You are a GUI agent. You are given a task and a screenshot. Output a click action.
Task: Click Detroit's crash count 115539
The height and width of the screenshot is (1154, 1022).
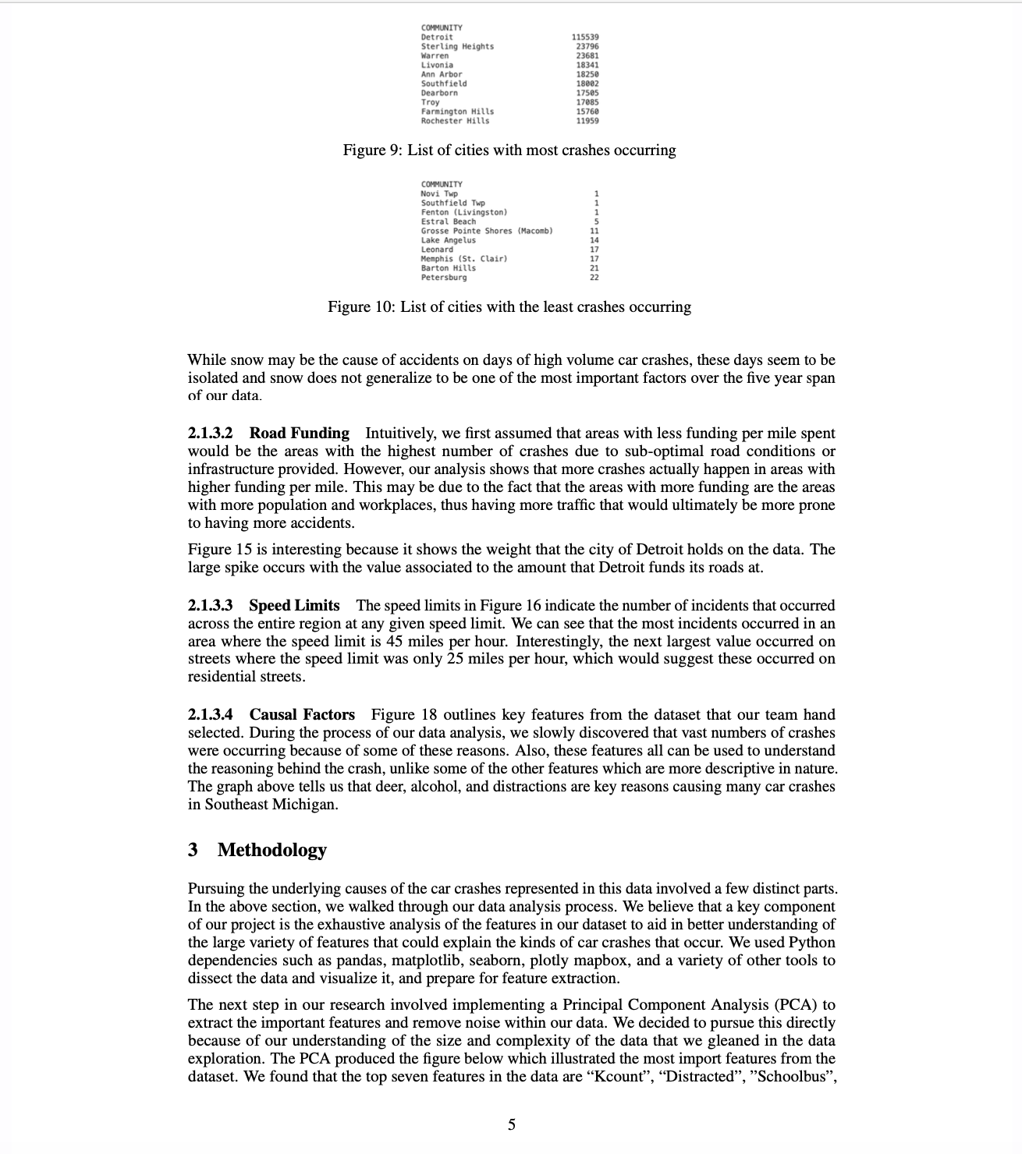click(x=585, y=37)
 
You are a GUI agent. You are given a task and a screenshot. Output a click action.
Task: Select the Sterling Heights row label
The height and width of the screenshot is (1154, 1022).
click(x=457, y=47)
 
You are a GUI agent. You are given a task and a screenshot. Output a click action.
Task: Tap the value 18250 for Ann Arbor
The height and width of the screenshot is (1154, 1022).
click(x=587, y=75)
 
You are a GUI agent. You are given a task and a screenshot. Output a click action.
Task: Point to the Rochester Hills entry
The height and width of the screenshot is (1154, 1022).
click(x=456, y=121)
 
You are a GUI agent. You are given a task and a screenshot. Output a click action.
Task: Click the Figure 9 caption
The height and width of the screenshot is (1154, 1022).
click(x=509, y=150)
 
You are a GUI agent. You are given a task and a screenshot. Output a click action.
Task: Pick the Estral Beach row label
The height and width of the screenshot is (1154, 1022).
click(x=448, y=221)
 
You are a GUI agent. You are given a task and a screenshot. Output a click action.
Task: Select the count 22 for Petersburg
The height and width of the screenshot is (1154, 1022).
click(x=594, y=278)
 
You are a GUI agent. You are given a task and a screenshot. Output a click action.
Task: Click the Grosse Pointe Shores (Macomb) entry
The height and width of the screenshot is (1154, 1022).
click(x=486, y=231)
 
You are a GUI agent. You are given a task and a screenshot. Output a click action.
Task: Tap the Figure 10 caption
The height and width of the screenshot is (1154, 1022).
click(x=509, y=306)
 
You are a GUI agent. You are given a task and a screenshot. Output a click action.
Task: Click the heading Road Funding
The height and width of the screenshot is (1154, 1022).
click(x=300, y=433)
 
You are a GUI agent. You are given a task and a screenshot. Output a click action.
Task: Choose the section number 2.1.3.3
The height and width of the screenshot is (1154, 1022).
click(x=210, y=605)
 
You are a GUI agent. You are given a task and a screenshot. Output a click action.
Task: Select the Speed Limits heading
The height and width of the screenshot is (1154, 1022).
click(x=294, y=605)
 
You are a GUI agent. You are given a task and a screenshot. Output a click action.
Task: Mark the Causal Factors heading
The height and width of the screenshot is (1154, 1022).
click(x=302, y=714)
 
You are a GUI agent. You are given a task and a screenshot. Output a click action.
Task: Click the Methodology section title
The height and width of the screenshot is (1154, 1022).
click(x=271, y=849)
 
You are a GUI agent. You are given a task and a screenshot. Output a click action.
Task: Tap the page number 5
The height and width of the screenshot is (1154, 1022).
click(x=512, y=1124)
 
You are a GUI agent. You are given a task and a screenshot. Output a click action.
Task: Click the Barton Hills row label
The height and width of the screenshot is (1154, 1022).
click(x=448, y=268)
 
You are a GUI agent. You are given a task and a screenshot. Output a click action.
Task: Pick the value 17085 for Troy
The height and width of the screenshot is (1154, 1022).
click(x=587, y=102)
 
